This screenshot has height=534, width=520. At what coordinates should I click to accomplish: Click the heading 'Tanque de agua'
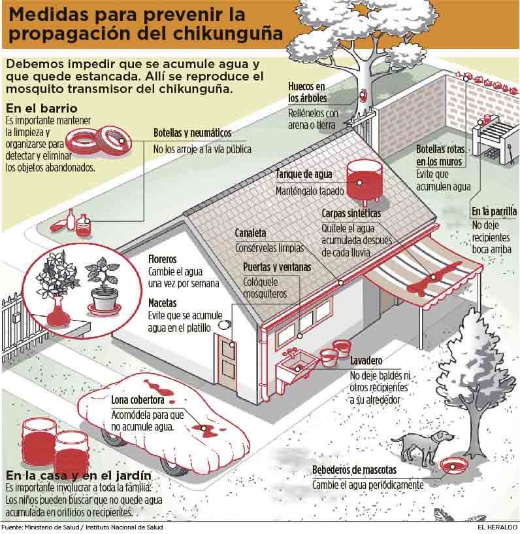tap(304, 175)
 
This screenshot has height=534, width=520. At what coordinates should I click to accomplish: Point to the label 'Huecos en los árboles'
tap(306, 92)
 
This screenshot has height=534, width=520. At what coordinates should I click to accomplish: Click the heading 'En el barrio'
tap(41, 108)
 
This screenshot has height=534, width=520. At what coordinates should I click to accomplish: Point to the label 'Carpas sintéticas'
tap(351, 213)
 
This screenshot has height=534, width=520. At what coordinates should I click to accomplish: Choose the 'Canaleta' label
tap(250, 233)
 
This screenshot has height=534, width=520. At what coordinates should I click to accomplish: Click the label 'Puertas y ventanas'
tap(277, 267)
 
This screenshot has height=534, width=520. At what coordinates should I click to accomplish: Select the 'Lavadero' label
tap(366, 361)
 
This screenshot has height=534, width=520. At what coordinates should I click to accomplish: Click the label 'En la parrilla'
tap(494, 211)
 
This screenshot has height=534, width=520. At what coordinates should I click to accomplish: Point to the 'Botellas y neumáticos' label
tap(192, 133)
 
